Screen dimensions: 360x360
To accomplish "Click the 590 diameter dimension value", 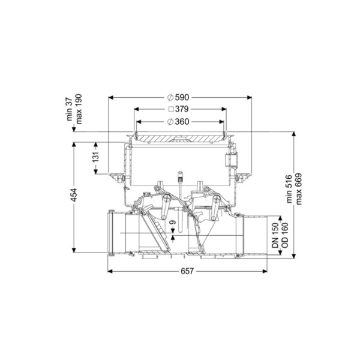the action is (x=182, y=97).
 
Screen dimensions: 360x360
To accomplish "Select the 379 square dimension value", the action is (x=182, y=109).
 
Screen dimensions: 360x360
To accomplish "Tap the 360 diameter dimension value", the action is (x=182, y=121).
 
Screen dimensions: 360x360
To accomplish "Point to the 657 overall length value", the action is (x=187, y=271).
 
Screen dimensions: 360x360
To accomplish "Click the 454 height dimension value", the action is (x=74, y=195).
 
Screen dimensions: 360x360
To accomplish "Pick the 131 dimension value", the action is (x=96, y=157).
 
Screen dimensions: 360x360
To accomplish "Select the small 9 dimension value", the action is (x=173, y=223).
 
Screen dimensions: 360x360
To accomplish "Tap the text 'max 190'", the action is (x=79, y=109).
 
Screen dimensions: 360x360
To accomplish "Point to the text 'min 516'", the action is (x=289, y=189).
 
